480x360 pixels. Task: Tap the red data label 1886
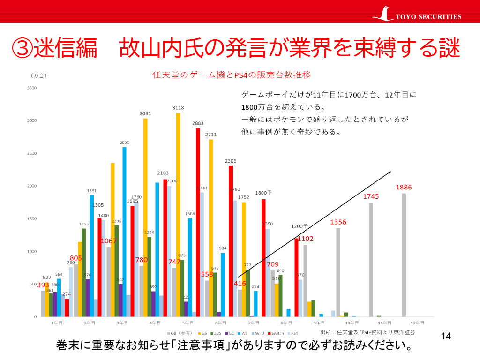(404, 187)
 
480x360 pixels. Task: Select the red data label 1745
(371, 196)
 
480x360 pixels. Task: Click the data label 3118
(178, 107)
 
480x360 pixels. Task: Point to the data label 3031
(145, 113)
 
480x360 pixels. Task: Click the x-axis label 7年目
(254, 323)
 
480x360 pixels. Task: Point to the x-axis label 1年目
(57, 323)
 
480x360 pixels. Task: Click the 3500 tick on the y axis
(32, 88)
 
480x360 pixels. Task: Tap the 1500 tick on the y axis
(32, 219)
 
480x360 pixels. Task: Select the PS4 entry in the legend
(293, 333)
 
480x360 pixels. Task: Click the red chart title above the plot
(232, 75)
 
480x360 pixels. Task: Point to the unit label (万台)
(39, 75)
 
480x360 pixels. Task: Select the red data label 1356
(338, 222)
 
